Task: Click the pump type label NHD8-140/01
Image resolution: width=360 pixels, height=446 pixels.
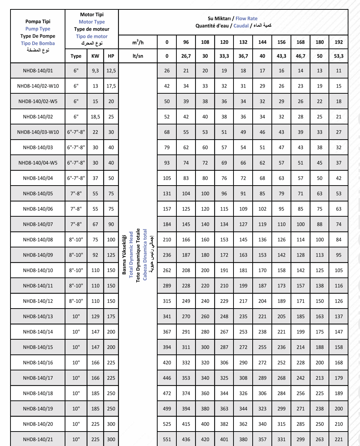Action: tap(38, 71)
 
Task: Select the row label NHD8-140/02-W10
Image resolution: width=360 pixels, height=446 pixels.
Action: tap(38, 86)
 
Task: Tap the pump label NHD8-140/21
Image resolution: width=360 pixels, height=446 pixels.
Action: tap(38, 439)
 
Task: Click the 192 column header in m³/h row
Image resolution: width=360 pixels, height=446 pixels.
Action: tap(339, 42)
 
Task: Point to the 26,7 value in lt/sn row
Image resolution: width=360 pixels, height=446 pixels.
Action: tap(186, 56)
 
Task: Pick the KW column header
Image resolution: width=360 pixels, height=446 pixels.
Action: tap(95, 56)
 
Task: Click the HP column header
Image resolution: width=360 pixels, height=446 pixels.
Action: tap(111, 56)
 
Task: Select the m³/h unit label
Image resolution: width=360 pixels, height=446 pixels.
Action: tap(138, 42)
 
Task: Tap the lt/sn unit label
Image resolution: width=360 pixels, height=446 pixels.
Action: tap(138, 56)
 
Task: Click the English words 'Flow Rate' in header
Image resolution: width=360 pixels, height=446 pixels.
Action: tap(247, 18)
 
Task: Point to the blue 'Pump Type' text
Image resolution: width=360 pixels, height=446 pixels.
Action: tap(38, 29)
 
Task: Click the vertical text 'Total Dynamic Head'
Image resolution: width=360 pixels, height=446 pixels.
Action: tap(131, 255)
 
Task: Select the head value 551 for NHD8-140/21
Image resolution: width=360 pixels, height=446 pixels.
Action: tap(167, 439)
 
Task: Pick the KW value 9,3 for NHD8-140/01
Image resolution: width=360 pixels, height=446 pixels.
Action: tap(95, 71)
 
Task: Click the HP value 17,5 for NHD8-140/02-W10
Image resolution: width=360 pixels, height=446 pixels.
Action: tap(111, 86)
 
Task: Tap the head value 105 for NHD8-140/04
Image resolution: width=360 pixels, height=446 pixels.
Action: tap(167, 178)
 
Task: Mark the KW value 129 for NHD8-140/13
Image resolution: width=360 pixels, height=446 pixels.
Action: tap(95, 317)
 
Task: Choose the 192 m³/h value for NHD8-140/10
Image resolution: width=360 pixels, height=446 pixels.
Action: tap(339, 270)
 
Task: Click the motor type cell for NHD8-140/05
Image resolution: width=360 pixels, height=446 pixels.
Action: tap(76, 194)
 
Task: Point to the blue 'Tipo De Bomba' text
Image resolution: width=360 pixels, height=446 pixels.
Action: tap(38, 43)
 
